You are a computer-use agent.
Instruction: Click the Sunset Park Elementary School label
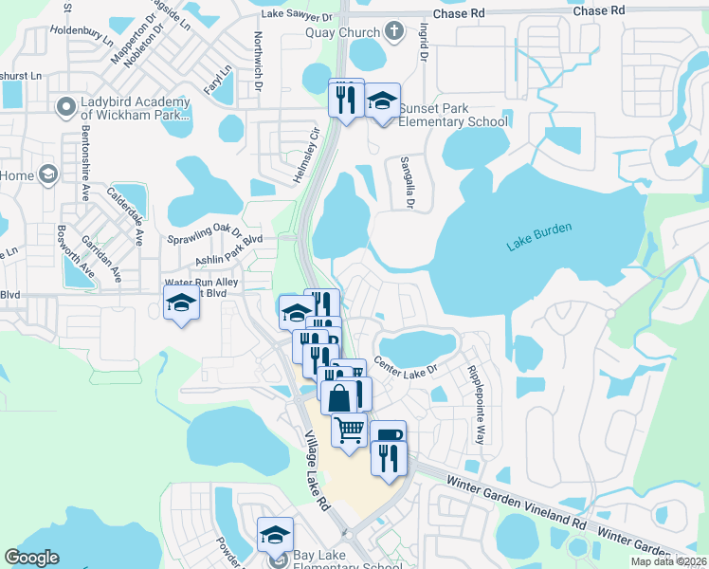point(453,115)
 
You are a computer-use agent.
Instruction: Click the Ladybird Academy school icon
point(65,108)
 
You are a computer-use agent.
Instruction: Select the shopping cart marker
point(349,430)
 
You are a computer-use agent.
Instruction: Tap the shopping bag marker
point(338,396)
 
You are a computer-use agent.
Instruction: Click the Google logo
point(32,558)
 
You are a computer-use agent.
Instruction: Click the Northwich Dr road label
point(257,63)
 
